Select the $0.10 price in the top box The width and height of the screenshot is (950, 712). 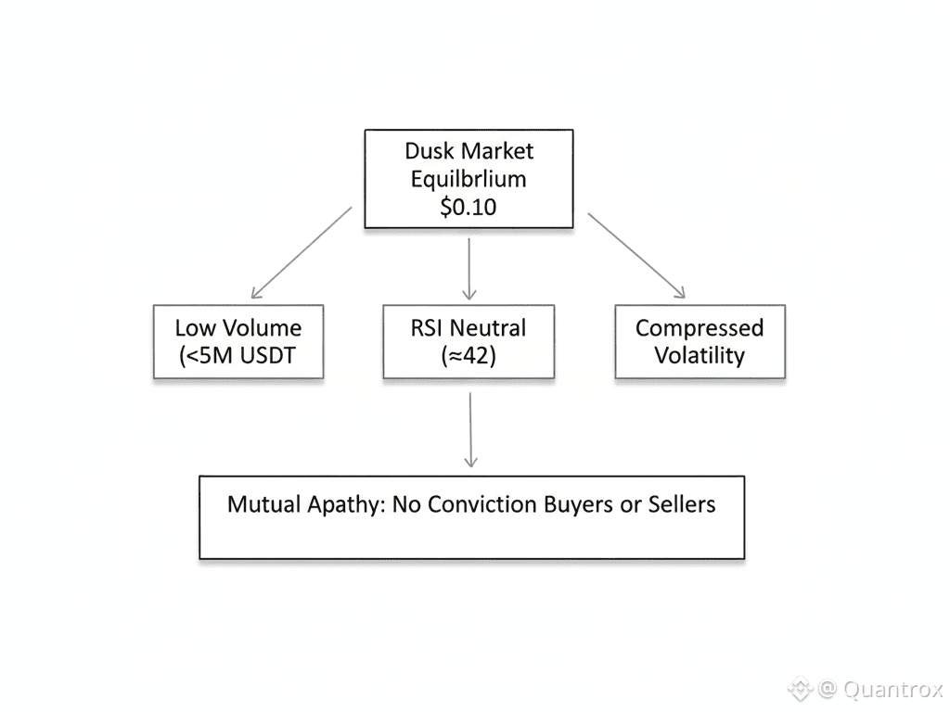(x=469, y=207)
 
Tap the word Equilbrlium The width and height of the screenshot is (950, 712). (x=469, y=178)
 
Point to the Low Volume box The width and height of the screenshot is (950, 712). (x=238, y=341)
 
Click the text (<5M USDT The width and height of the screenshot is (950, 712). (x=237, y=356)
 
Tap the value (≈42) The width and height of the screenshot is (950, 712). (x=469, y=356)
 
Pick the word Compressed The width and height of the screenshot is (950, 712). (x=700, y=327)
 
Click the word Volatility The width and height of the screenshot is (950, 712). (x=700, y=356)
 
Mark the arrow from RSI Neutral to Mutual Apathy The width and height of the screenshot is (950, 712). (x=470, y=428)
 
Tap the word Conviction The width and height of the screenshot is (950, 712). (x=456, y=505)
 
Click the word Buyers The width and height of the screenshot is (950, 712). (x=568, y=505)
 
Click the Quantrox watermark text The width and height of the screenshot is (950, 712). (x=891, y=690)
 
